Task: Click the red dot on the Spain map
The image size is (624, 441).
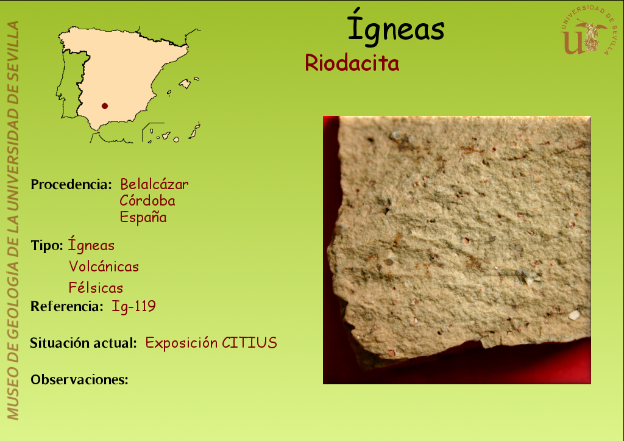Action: tap(105, 106)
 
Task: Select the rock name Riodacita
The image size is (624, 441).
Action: tap(352, 63)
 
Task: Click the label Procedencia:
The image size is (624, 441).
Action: tap(71, 184)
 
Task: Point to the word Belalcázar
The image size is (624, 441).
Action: tap(154, 184)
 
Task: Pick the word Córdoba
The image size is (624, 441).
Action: tap(147, 201)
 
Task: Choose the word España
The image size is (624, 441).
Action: tap(143, 217)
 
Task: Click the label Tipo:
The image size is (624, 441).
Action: tap(47, 246)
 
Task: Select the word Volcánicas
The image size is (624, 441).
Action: tap(104, 267)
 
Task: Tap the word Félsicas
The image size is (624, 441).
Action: tap(96, 288)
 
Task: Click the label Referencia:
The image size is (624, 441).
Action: tap(67, 306)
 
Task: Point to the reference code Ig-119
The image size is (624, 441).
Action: tap(133, 306)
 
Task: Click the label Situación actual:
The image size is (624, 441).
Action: tap(83, 343)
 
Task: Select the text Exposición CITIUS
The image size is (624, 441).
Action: tap(211, 343)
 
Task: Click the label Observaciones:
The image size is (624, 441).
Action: tap(80, 379)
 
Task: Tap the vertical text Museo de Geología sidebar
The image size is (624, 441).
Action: tap(13, 220)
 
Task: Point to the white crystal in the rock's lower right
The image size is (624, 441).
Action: tap(574, 315)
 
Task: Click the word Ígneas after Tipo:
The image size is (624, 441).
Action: tap(91, 244)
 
